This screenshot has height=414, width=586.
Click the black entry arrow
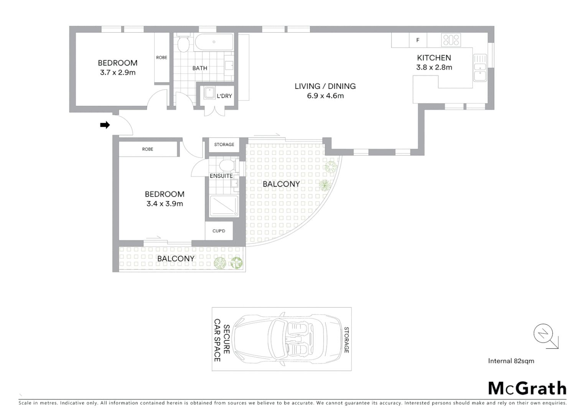point(105,125)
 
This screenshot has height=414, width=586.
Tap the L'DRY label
point(224,96)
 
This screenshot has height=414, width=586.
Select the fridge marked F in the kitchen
point(418,40)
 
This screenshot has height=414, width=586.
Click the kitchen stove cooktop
point(451,40)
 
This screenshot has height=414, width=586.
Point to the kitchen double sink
point(480,67)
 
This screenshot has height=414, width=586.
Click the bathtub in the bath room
point(214,42)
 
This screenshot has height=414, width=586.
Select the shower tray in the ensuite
point(223,206)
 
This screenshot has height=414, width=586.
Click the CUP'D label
point(219,231)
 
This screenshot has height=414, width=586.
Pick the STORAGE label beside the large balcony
point(224,145)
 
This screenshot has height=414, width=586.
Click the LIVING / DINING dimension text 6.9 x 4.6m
point(325,96)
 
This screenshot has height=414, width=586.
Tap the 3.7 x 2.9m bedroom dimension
point(118,72)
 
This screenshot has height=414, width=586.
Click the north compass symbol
point(543,334)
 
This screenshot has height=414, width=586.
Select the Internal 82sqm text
point(511,361)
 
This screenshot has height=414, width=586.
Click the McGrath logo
point(527,388)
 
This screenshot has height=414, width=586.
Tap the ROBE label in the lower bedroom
point(147,149)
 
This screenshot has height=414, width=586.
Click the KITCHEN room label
point(434,58)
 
